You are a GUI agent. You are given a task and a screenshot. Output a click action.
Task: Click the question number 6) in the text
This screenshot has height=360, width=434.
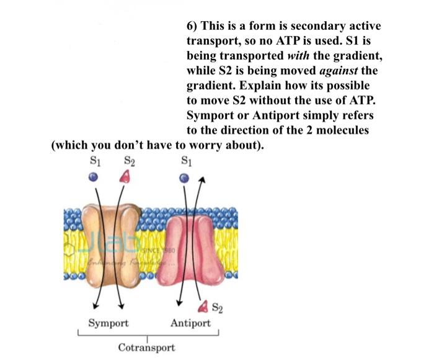coord(193,27)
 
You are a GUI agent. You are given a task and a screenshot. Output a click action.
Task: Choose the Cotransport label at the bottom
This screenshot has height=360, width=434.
coord(147,348)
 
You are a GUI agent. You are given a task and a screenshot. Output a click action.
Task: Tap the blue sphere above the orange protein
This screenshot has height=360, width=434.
coord(92,177)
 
